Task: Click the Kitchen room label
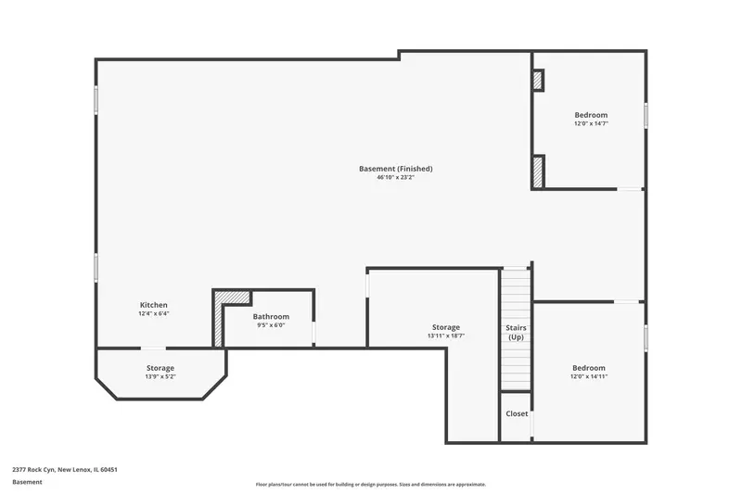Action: (x=154, y=305)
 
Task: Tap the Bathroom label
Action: (x=271, y=317)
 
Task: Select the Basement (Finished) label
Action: (x=396, y=169)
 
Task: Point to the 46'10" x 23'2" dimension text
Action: (x=396, y=178)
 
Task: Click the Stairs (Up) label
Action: (x=516, y=333)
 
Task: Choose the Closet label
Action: (x=517, y=413)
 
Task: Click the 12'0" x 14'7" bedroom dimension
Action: (x=591, y=124)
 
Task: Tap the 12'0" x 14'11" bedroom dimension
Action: (x=589, y=377)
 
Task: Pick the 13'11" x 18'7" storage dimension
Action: (x=446, y=336)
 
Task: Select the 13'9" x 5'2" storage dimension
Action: (x=160, y=377)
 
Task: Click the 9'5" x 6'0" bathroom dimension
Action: (x=271, y=325)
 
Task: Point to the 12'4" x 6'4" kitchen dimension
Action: (x=154, y=313)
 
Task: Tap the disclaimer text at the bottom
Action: (x=371, y=485)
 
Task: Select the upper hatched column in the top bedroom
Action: (x=538, y=80)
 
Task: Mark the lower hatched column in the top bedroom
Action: (x=539, y=172)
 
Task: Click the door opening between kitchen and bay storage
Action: (x=153, y=348)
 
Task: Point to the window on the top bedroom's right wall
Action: (x=646, y=115)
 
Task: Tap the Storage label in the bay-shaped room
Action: (x=160, y=368)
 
